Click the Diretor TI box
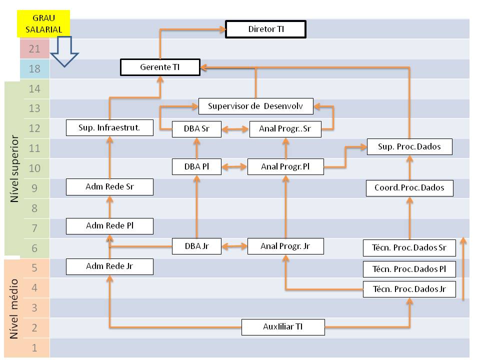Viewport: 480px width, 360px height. (x=265, y=29)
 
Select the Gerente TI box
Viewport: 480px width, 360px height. (x=160, y=67)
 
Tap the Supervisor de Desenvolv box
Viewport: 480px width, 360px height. (x=255, y=106)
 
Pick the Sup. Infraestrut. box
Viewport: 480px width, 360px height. (x=109, y=127)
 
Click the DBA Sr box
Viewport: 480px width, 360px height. (x=196, y=129)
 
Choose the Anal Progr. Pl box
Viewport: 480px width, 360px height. (x=285, y=166)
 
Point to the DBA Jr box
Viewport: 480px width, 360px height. (x=196, y=246)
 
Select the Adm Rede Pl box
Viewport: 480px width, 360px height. (x=109, y=226)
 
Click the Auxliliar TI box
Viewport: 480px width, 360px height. (x=282, y=327)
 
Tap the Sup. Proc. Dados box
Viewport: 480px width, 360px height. (x=409, y=147)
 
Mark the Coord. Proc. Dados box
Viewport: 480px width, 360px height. (x=409, y=188)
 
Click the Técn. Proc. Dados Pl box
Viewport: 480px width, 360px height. (x=409, y=269)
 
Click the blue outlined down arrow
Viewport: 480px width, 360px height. (x=64, y=53)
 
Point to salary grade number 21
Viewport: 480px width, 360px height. (x=34, y=48)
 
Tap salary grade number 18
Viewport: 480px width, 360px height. (x=34, y=69)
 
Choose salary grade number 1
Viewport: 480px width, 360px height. (x=34, y=347)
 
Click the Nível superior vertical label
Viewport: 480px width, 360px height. (x=15, y=168)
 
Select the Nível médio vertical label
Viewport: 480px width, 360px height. (x=15, y=308)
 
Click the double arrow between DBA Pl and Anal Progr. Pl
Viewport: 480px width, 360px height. (x=234, y=166)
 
